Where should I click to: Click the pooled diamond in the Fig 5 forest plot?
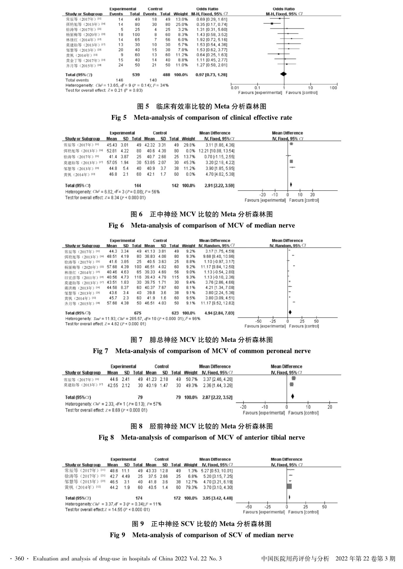pyautogui.click(x=283, y=74)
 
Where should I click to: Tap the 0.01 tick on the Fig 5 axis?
pyautogui.click(x=234, y=88)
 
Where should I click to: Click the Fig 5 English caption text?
pyautogui.click(x=202, y=118)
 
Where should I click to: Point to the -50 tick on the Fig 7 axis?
pyautogui.click(x=259, y=321)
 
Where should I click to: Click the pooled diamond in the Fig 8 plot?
pyautogui.click(x=293, y=397)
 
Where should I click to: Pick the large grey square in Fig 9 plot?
pyautogui.click(x=289, y=487)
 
